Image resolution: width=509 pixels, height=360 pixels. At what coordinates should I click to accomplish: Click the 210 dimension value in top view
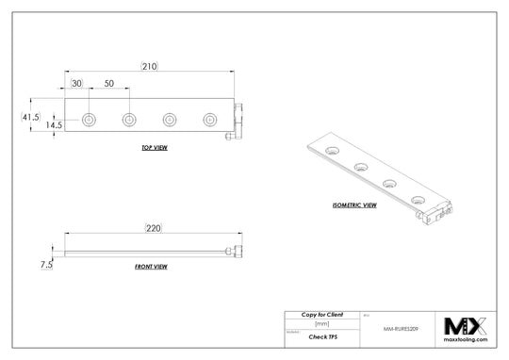pyautogui.click(x=149, y=67)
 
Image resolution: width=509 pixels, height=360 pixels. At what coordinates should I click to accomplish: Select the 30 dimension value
pyautogui.click(x=75, y=84)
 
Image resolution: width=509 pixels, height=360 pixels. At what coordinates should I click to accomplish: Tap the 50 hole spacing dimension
pyautogui.click(x=109, y=84)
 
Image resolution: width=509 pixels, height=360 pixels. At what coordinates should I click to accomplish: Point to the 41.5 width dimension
pyautogui.click(x=30, y=117)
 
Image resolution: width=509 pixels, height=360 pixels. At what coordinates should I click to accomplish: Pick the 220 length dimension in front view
pyautogui.click(x=154, y=227)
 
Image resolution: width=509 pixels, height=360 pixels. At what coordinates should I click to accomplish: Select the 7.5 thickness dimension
pyautogui.click(x=45, y=266)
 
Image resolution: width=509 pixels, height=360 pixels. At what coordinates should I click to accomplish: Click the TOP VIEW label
pyautogui.click(x=155, y=149)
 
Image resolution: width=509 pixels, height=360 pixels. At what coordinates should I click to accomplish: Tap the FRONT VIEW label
pyautogui.click(x=151, y=267)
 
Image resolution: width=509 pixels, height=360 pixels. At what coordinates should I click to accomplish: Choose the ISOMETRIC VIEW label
pyautogui.click(x=355, y=205)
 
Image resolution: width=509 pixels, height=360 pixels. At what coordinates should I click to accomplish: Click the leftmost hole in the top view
pyautogui.click(x=89, y=120)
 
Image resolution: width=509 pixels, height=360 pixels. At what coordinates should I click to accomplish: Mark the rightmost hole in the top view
pyautogui.click(x=209, y=120)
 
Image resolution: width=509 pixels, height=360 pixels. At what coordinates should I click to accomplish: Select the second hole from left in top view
pyautogui.click(x=128, y=120)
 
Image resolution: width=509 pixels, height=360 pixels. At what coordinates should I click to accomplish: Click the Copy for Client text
pyautogui.click(x=321, y=313)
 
